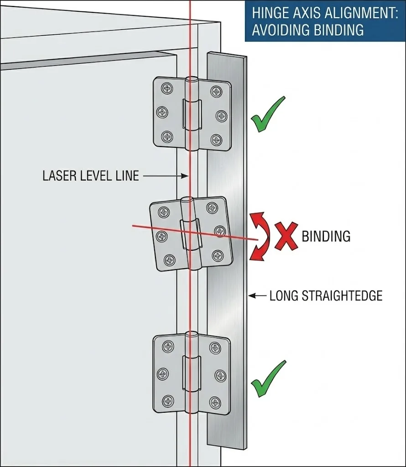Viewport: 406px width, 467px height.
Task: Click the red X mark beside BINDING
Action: pos(286,236)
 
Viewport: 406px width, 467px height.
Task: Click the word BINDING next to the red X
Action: pos(326,236)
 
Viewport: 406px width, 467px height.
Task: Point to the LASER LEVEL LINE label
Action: pos(90,176)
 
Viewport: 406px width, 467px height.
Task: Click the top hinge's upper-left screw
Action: pos(167,88)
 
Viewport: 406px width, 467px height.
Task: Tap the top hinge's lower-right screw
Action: pos(216,140)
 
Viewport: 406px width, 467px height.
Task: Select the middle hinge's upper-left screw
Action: pos(163,212)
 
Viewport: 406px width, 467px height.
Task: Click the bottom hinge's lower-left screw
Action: pos(168,401)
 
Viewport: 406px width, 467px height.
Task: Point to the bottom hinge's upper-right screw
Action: pos(215,348)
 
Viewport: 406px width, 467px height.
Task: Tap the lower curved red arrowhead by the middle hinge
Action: pos(254,258)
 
